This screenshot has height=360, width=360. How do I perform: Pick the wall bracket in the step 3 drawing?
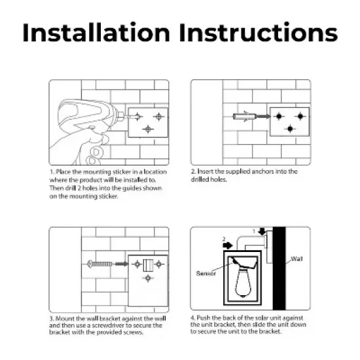(147, 265)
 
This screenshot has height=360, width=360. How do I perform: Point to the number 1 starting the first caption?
(50, 171)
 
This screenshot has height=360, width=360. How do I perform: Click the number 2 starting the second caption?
(193, 171)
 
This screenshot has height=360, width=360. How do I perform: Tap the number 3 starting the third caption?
(50, 319)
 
